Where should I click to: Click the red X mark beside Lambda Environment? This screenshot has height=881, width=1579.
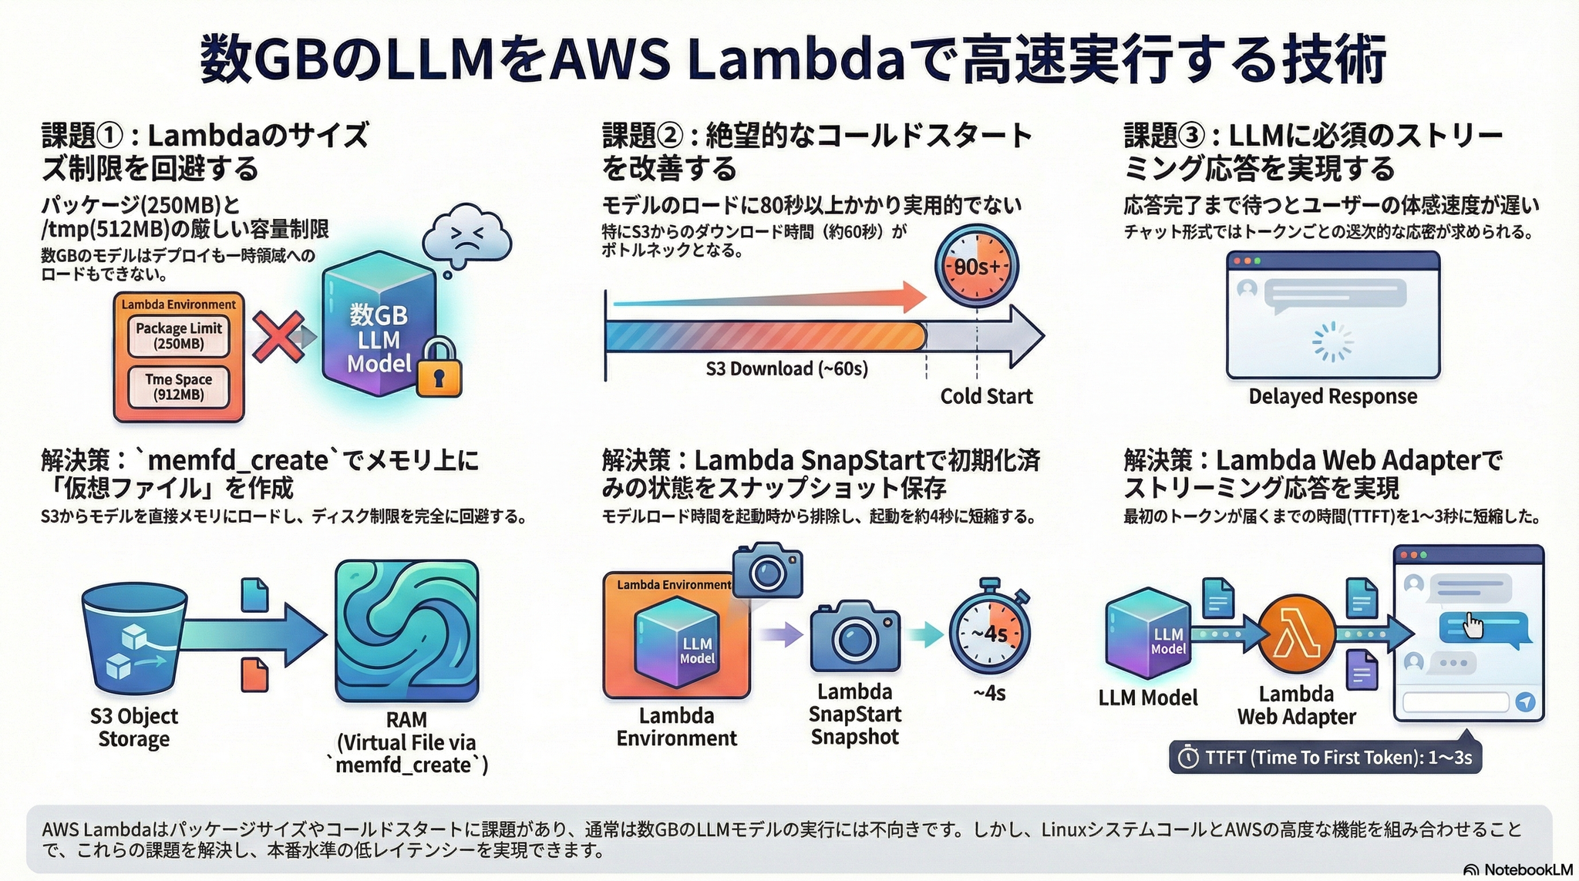278,336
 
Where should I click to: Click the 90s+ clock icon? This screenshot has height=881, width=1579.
976,267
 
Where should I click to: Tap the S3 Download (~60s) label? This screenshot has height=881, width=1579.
786,369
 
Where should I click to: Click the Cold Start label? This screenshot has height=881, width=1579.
985,396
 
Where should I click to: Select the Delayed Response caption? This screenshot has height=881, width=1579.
1332,396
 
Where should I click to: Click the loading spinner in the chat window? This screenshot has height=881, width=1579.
1332,341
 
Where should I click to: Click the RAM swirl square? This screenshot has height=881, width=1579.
406,630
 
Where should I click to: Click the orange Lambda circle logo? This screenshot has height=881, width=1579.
1297,634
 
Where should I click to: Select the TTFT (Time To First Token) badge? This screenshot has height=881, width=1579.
1325,758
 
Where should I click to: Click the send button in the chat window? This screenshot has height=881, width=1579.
1524,702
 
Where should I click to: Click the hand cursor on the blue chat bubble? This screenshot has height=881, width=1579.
1473,625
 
